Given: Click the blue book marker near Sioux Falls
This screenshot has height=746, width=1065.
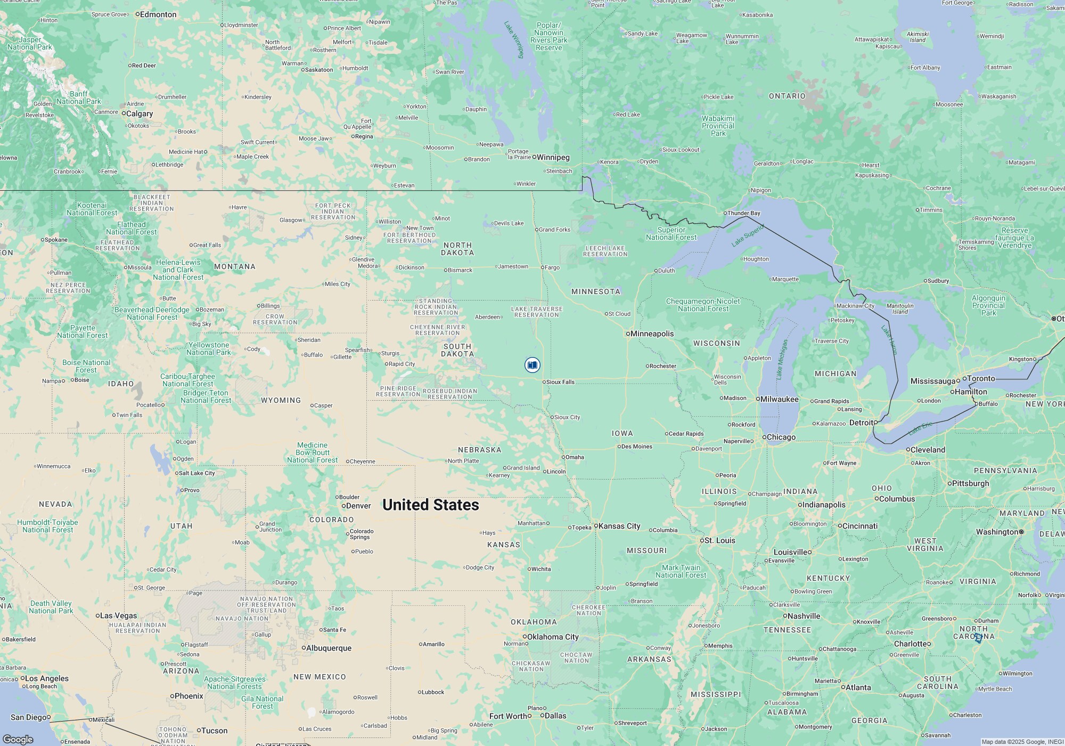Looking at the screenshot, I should [532, 365].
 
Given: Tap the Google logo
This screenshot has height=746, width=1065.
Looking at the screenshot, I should [18, 740].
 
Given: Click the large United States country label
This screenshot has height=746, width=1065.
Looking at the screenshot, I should [430, 505].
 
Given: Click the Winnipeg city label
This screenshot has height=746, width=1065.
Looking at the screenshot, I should [553, 157].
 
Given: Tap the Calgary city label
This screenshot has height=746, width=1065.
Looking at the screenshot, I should [140, 113].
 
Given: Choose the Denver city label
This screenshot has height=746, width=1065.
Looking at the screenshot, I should [358, 506].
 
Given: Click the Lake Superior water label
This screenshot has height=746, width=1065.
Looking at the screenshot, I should [748, 236].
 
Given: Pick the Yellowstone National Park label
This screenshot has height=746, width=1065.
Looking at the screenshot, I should [209, 348].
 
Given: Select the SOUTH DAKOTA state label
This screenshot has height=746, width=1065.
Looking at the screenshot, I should [457, 350].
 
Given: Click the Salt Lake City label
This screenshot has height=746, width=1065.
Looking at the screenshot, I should [196, 473].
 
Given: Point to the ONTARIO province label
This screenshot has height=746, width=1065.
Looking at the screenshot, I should [787, 96].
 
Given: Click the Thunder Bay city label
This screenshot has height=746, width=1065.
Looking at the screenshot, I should [744, 213].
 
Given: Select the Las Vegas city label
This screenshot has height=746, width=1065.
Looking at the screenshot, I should [119, 615].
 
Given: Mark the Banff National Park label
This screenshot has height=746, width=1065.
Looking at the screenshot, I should [78, 98].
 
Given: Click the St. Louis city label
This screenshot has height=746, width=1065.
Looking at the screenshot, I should [719, 540].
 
